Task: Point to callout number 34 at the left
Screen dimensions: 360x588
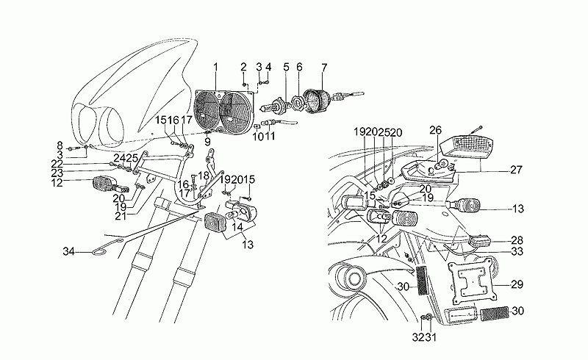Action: [x=68, y=252]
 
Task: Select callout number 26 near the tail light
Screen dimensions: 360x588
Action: [x=435, y=131]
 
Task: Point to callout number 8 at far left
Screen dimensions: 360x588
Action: [x=60, y=145]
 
